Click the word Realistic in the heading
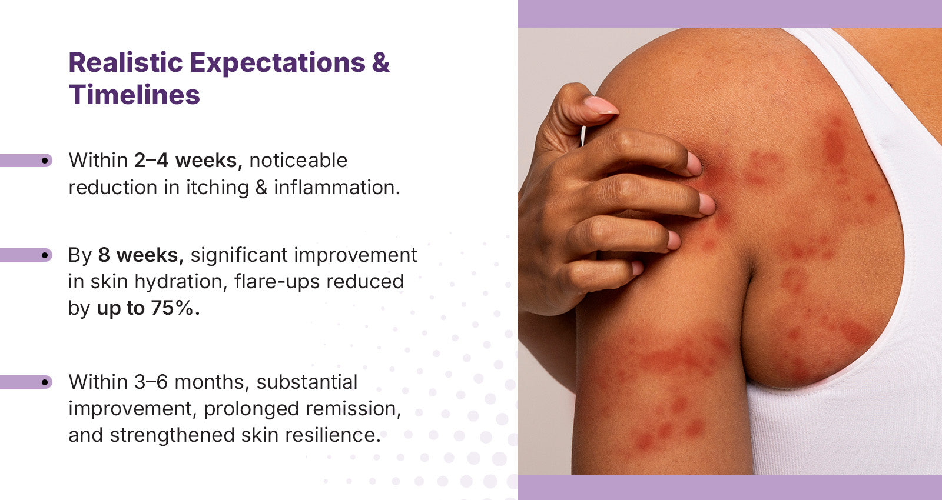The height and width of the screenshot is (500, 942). (125, 62)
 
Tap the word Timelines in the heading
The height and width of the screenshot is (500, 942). (134, 95)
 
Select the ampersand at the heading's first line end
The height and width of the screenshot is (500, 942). (380, 62)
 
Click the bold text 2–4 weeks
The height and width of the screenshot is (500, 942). (188, 161)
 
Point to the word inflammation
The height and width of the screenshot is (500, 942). (337, 188)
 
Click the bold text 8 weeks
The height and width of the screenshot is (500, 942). (141, 255)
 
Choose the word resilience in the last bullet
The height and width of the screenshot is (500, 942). (333, 435)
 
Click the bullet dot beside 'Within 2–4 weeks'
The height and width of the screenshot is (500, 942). (45, 161)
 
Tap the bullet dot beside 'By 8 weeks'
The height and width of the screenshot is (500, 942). (45, 255)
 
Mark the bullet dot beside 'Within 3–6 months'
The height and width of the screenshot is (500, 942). (45, 382)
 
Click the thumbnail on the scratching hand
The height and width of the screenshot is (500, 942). (601, 105)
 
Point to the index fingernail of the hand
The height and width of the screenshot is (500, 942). (694, 164)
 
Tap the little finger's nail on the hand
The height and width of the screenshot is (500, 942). (637, 268)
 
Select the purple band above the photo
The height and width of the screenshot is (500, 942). (729, 14)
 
